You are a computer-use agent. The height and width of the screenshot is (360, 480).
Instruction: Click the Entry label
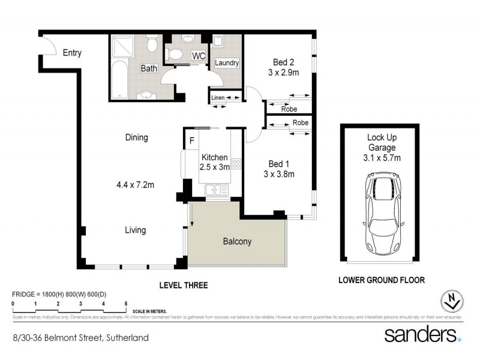click(72, 53)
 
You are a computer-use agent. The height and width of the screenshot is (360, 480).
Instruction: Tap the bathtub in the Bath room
click(119, 78)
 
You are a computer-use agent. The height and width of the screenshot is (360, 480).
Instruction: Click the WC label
click(199, 56)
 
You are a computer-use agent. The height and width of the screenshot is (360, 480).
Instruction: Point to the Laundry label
click(227, 62)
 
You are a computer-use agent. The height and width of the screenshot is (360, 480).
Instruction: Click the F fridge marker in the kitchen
click(191, 142)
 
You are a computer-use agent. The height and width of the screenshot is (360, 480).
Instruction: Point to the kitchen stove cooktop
click(236, 163)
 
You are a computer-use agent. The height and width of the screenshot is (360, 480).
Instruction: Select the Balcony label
click(237, 242)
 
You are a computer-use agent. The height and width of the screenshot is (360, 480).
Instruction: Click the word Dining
click(136, 137)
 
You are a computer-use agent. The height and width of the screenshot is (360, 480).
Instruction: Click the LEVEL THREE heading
click(183, 285)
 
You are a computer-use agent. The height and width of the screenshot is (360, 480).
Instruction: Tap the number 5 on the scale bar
click(126, 304)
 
